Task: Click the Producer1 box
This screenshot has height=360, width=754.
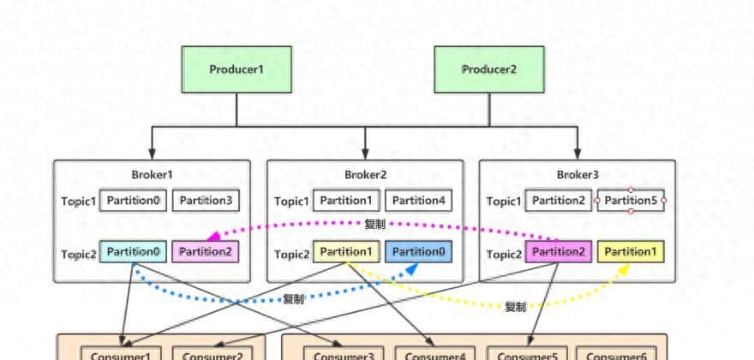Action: (237, 69)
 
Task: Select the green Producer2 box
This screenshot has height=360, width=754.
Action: (490, 69)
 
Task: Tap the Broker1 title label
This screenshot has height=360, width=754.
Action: (152, 175)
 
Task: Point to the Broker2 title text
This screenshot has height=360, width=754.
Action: (366, 175)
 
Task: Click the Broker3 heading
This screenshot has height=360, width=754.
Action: (577, 175)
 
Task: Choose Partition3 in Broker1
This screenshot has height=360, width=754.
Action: (206, 201)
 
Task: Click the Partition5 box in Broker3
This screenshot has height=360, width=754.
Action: (631, 201)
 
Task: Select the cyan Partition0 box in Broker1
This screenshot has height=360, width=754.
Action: (133, 251)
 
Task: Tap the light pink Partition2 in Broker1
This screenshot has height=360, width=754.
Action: (206, 251)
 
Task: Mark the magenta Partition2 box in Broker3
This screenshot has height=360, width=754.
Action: (558, 251)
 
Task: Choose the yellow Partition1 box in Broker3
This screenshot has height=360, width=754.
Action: (631, 251)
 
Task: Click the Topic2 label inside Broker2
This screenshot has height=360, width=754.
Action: (291, 254)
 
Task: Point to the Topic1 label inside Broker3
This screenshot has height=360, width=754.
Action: (503, 201)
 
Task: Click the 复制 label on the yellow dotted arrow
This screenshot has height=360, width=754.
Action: (515, 307)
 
